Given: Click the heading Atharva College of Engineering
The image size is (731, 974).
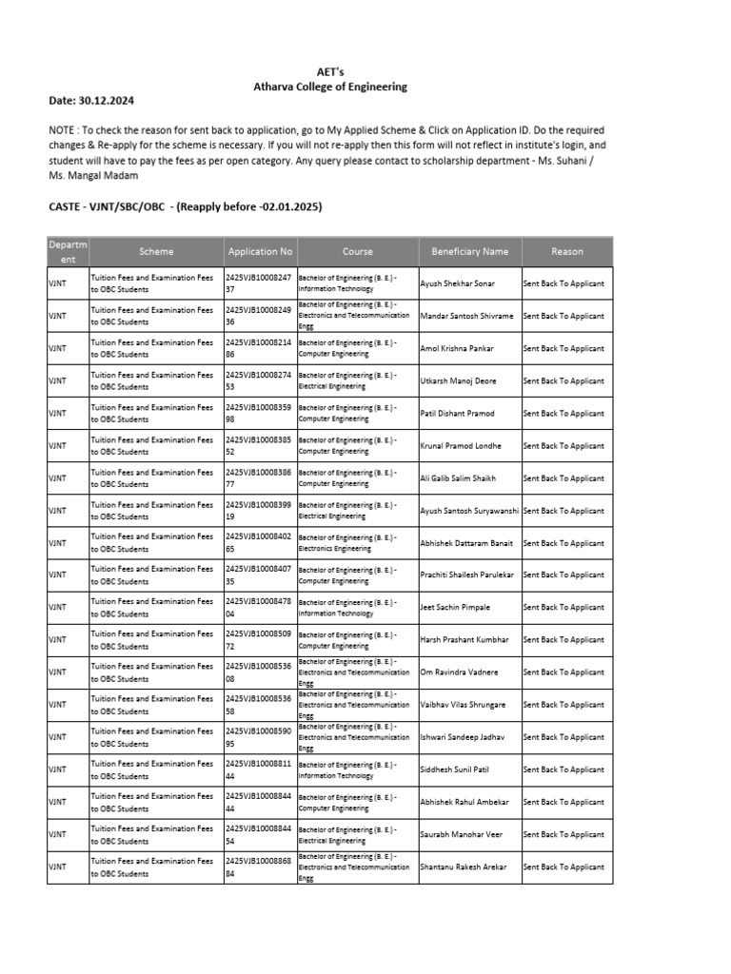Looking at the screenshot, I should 329,87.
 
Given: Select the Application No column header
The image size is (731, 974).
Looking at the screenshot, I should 259,252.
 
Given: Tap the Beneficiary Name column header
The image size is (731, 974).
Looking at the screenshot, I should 469,252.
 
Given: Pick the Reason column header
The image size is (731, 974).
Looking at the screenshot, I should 566,252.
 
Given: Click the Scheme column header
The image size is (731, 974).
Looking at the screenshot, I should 156,252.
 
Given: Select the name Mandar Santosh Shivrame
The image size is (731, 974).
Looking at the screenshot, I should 466,316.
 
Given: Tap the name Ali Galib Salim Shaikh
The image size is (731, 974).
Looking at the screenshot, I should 459,478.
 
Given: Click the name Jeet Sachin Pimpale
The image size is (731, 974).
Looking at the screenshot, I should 456,607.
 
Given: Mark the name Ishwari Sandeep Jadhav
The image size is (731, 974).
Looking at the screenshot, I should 463,737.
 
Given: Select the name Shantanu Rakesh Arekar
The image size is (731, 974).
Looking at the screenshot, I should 464,867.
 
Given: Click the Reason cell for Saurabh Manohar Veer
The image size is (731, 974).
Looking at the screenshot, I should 563,834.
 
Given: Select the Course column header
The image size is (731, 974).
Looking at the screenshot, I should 357,252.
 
